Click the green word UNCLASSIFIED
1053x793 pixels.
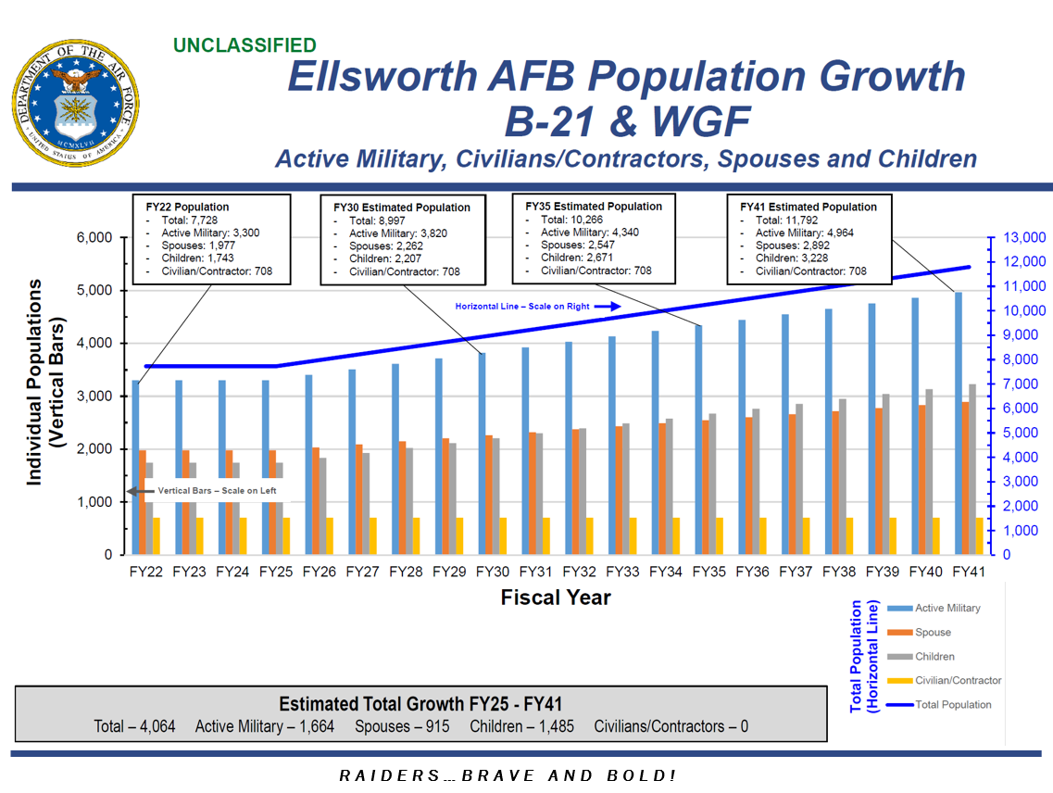point(244,45)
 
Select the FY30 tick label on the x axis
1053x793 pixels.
point(492,572)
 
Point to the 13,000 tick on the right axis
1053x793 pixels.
point(1022,238)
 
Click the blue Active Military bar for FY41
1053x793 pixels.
point(959,422)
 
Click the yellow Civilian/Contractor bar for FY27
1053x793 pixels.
point(373,535)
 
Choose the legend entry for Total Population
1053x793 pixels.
point(952,705)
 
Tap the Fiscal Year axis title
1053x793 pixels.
point(556,598)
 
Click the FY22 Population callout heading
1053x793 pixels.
point(188,207)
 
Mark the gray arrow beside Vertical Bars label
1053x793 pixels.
point(140,491)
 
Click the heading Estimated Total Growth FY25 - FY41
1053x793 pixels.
point(420,703)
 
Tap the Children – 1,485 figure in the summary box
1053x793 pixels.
point(521,726)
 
